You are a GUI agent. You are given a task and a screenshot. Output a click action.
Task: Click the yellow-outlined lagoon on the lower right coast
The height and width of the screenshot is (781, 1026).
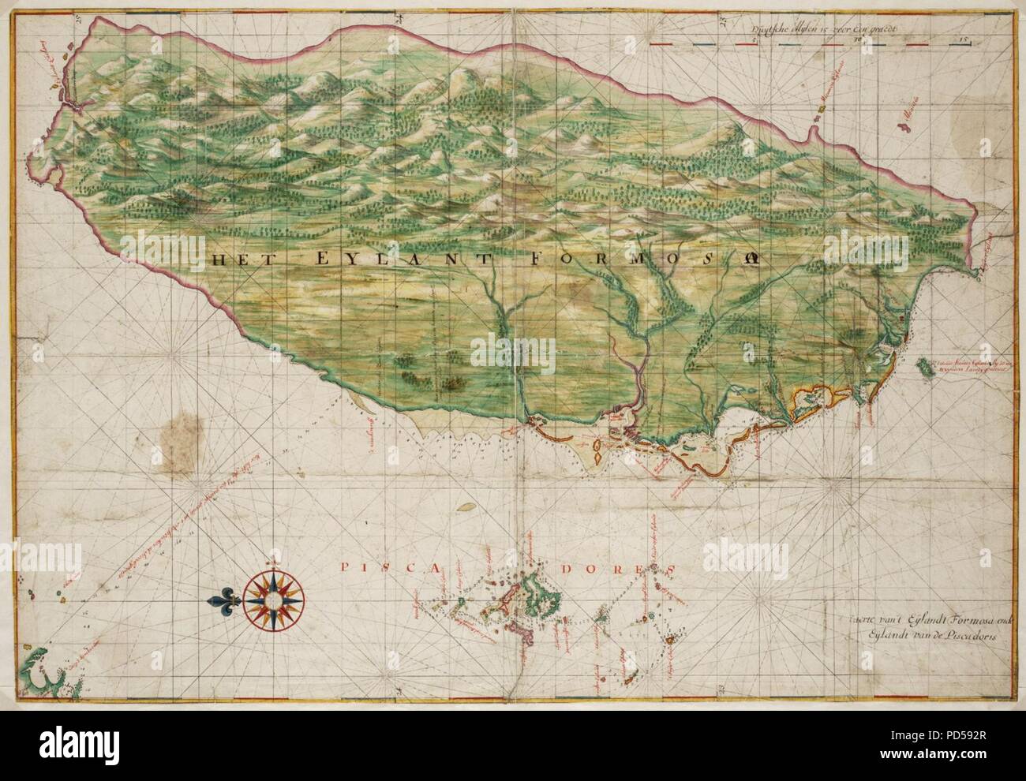(x=813, y=399)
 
